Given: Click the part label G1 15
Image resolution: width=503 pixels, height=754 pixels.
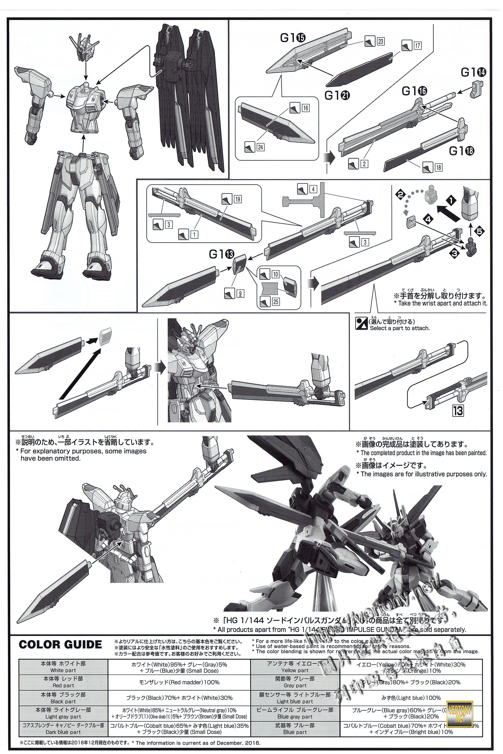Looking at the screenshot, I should coord(293,38).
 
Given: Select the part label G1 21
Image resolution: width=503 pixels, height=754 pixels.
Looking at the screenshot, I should coord(337,95).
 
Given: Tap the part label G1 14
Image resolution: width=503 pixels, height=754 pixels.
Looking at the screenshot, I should coord(473,73).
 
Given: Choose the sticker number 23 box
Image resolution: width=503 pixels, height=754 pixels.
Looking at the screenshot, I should coord(380,41).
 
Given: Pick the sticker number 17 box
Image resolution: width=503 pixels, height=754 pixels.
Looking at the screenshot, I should coord(417,46).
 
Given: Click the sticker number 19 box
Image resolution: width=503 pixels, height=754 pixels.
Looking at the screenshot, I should coord(238,199).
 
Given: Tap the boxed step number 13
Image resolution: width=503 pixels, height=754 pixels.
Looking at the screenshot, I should coord(458,411).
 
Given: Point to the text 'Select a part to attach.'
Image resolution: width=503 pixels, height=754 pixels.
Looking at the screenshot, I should coord(399,328).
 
